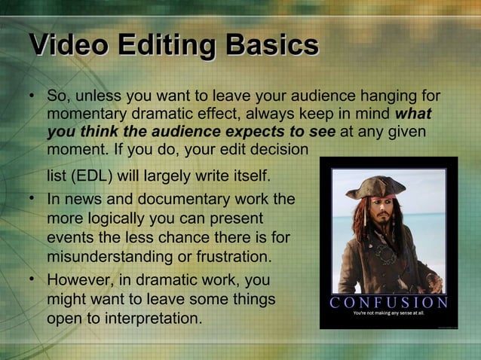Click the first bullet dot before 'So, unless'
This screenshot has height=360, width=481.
point(32,98)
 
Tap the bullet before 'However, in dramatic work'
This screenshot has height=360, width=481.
point(32,280)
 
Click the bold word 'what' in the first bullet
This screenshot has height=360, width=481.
point(414,114)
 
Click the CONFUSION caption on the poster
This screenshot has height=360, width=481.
point(388,304)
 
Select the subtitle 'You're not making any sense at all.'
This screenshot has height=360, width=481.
point(389,316)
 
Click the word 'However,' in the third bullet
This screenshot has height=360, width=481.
point(79,279)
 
